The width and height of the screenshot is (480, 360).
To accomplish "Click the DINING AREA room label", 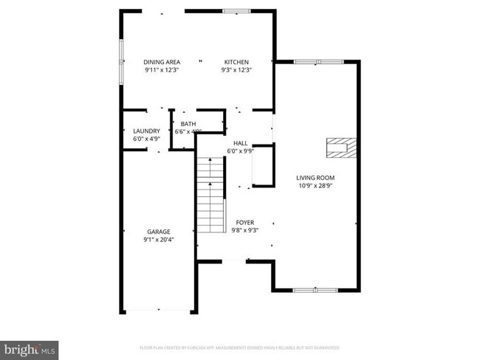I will click(161, 62).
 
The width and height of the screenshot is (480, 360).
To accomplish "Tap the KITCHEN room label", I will click(236, 62).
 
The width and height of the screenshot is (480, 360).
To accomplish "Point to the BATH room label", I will click(188, 124).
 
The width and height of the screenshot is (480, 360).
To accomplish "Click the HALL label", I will click(240, 143).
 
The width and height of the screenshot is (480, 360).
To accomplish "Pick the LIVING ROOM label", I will click(315, 178).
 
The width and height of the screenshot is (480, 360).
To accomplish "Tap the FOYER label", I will click(245, 222).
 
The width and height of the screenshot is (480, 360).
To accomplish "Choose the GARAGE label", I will click(158, 232).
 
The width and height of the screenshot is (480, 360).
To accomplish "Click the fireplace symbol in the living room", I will click(342, 148).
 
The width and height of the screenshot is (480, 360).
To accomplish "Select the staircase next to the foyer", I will click(210, 195).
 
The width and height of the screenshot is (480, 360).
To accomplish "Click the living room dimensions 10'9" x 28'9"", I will click(315, 186).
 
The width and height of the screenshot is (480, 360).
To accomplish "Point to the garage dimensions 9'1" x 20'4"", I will click(158, 240).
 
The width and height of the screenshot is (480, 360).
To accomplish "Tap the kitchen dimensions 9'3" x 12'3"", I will click(236, 70).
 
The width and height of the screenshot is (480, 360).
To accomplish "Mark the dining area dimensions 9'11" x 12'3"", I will click(161, 70).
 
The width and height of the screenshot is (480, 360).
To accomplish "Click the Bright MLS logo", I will click(30, 349).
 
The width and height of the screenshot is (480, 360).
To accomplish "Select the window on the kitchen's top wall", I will click(236, 11).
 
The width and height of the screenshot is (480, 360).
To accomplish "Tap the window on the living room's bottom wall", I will click(315, 290).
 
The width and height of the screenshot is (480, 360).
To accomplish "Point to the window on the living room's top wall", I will click(318, 62).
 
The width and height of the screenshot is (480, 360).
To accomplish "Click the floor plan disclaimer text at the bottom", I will click(239, 347).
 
